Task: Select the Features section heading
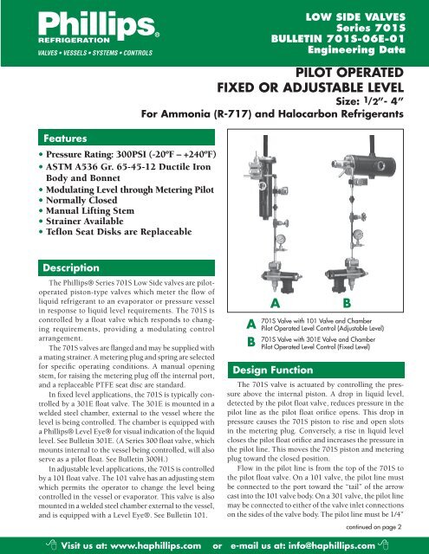pos(65,138)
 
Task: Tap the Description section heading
pos(71,267)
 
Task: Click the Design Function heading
pos(273,370)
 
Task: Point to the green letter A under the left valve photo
pos(275,303)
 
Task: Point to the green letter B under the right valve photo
pos(347,303)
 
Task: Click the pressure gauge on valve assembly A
pos(281,239)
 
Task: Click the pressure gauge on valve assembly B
pos(358,235)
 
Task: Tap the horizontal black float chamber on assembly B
pos(369,165)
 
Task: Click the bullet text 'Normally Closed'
pos(81,200)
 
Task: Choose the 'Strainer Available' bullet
pos(85,222)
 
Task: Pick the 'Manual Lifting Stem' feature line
pos(90,210)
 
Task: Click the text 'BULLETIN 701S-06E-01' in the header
pos(338,38)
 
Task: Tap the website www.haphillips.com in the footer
pos(156,545)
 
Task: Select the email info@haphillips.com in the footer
pos(331,545)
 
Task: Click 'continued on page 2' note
pos(374,527)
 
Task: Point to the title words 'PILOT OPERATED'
pos(349,73)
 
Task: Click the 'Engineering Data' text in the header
pos(356,49)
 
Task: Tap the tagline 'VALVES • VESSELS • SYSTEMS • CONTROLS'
pos(95,53)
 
